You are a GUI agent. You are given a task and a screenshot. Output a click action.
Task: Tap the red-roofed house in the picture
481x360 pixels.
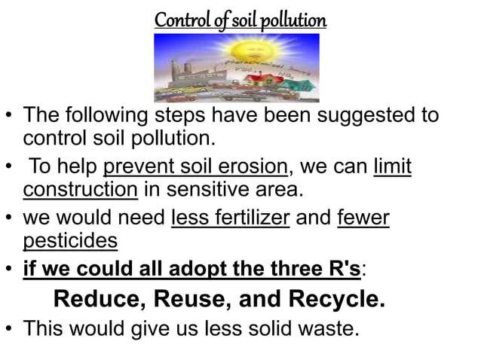[x=283, y=76]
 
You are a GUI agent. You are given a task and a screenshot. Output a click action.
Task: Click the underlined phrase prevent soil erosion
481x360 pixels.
[x=195, y=165]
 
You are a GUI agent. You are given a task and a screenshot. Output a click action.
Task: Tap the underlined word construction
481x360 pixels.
[x=80, y=188]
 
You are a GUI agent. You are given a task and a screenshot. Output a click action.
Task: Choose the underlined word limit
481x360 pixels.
[x=392, y=165]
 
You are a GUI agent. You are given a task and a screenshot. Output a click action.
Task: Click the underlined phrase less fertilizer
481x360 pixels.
[x=231, y=218]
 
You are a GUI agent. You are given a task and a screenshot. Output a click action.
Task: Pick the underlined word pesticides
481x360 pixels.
[x=70, y=241]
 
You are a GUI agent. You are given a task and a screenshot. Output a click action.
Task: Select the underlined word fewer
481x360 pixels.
[x=363, y=218]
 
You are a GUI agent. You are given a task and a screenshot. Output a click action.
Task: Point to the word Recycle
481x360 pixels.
[x=337, y=299]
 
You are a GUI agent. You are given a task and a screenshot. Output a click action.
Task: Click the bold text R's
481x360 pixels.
[x=342, y=269]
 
